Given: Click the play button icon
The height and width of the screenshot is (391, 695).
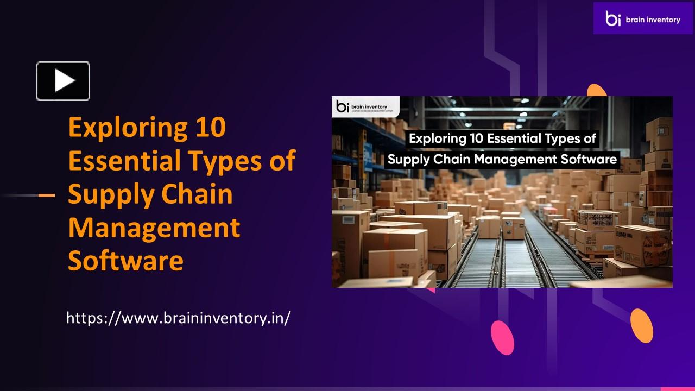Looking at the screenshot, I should click(63, 81).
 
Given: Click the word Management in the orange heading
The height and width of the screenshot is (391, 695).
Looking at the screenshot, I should click(154, 228).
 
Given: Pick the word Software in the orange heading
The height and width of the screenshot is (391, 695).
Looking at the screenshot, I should click(125, 261).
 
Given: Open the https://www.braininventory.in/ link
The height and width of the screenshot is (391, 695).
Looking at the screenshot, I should click(178, 318).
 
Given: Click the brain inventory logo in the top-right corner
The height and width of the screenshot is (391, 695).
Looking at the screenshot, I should click(642, 18).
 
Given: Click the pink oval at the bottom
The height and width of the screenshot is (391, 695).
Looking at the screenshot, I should click(502, 337).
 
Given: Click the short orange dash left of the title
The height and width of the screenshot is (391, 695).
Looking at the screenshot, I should click(47, 195).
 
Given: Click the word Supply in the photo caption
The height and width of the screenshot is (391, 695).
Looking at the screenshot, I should click(407, 159).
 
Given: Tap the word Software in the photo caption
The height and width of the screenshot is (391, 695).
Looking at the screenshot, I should click(590, 159).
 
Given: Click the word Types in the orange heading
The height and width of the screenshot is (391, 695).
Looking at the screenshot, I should click(225, 161).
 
